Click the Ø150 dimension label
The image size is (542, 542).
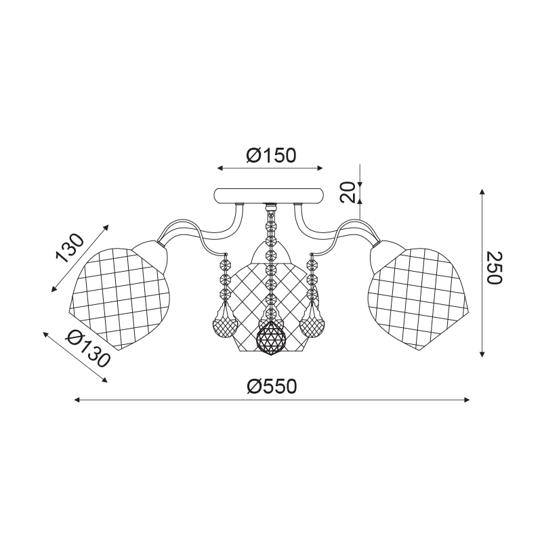click(x=272, y=156)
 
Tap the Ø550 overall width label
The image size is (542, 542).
click(x=272, y=386)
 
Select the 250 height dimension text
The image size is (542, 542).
click(x=494, y=268)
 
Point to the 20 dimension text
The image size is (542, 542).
click(x=348, y=192)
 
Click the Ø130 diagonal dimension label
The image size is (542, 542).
click(x=88, y=348)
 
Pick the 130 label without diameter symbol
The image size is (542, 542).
click(x=70, y=248)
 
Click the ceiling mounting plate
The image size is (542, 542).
click(x=270, y=196)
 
